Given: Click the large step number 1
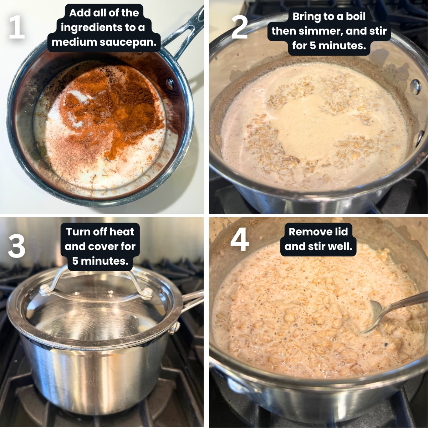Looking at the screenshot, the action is (x=17, y=27).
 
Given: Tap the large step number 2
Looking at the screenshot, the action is (x=239, y=27).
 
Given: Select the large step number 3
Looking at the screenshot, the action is (x=16, y=246).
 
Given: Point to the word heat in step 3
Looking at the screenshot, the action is (x=122, y=232).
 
